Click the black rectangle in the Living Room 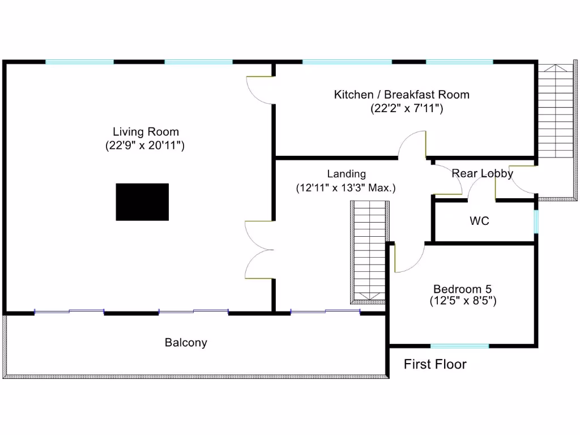142,202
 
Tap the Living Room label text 146,132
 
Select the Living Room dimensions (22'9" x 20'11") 145,146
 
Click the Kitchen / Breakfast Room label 401,95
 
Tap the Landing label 346,174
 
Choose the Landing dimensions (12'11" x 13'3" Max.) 346,187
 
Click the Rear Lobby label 482,173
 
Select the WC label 479,221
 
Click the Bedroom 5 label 463,288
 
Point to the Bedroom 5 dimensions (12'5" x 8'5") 463,301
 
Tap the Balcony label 186,343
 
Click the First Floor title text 435,364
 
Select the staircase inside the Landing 369,253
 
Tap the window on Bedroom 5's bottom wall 459,346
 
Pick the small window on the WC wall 536,221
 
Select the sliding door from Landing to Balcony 325,311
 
